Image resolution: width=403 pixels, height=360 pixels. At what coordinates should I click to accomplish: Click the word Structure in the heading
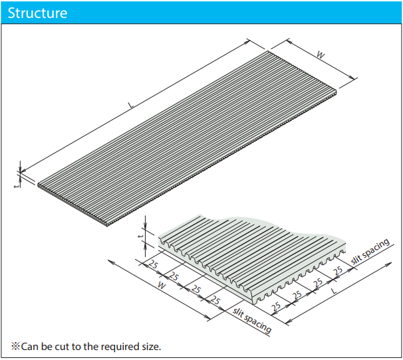[37, 13]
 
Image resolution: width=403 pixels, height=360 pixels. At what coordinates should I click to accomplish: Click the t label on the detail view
[140, 236]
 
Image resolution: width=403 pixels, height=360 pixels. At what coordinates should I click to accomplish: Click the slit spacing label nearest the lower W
[253, 320]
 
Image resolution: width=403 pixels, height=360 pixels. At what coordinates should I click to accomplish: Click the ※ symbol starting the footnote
[15, 346]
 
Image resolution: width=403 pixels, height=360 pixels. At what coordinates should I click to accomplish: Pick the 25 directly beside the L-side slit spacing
[338, 271]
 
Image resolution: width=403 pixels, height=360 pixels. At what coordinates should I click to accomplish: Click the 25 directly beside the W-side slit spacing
[214, 301]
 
